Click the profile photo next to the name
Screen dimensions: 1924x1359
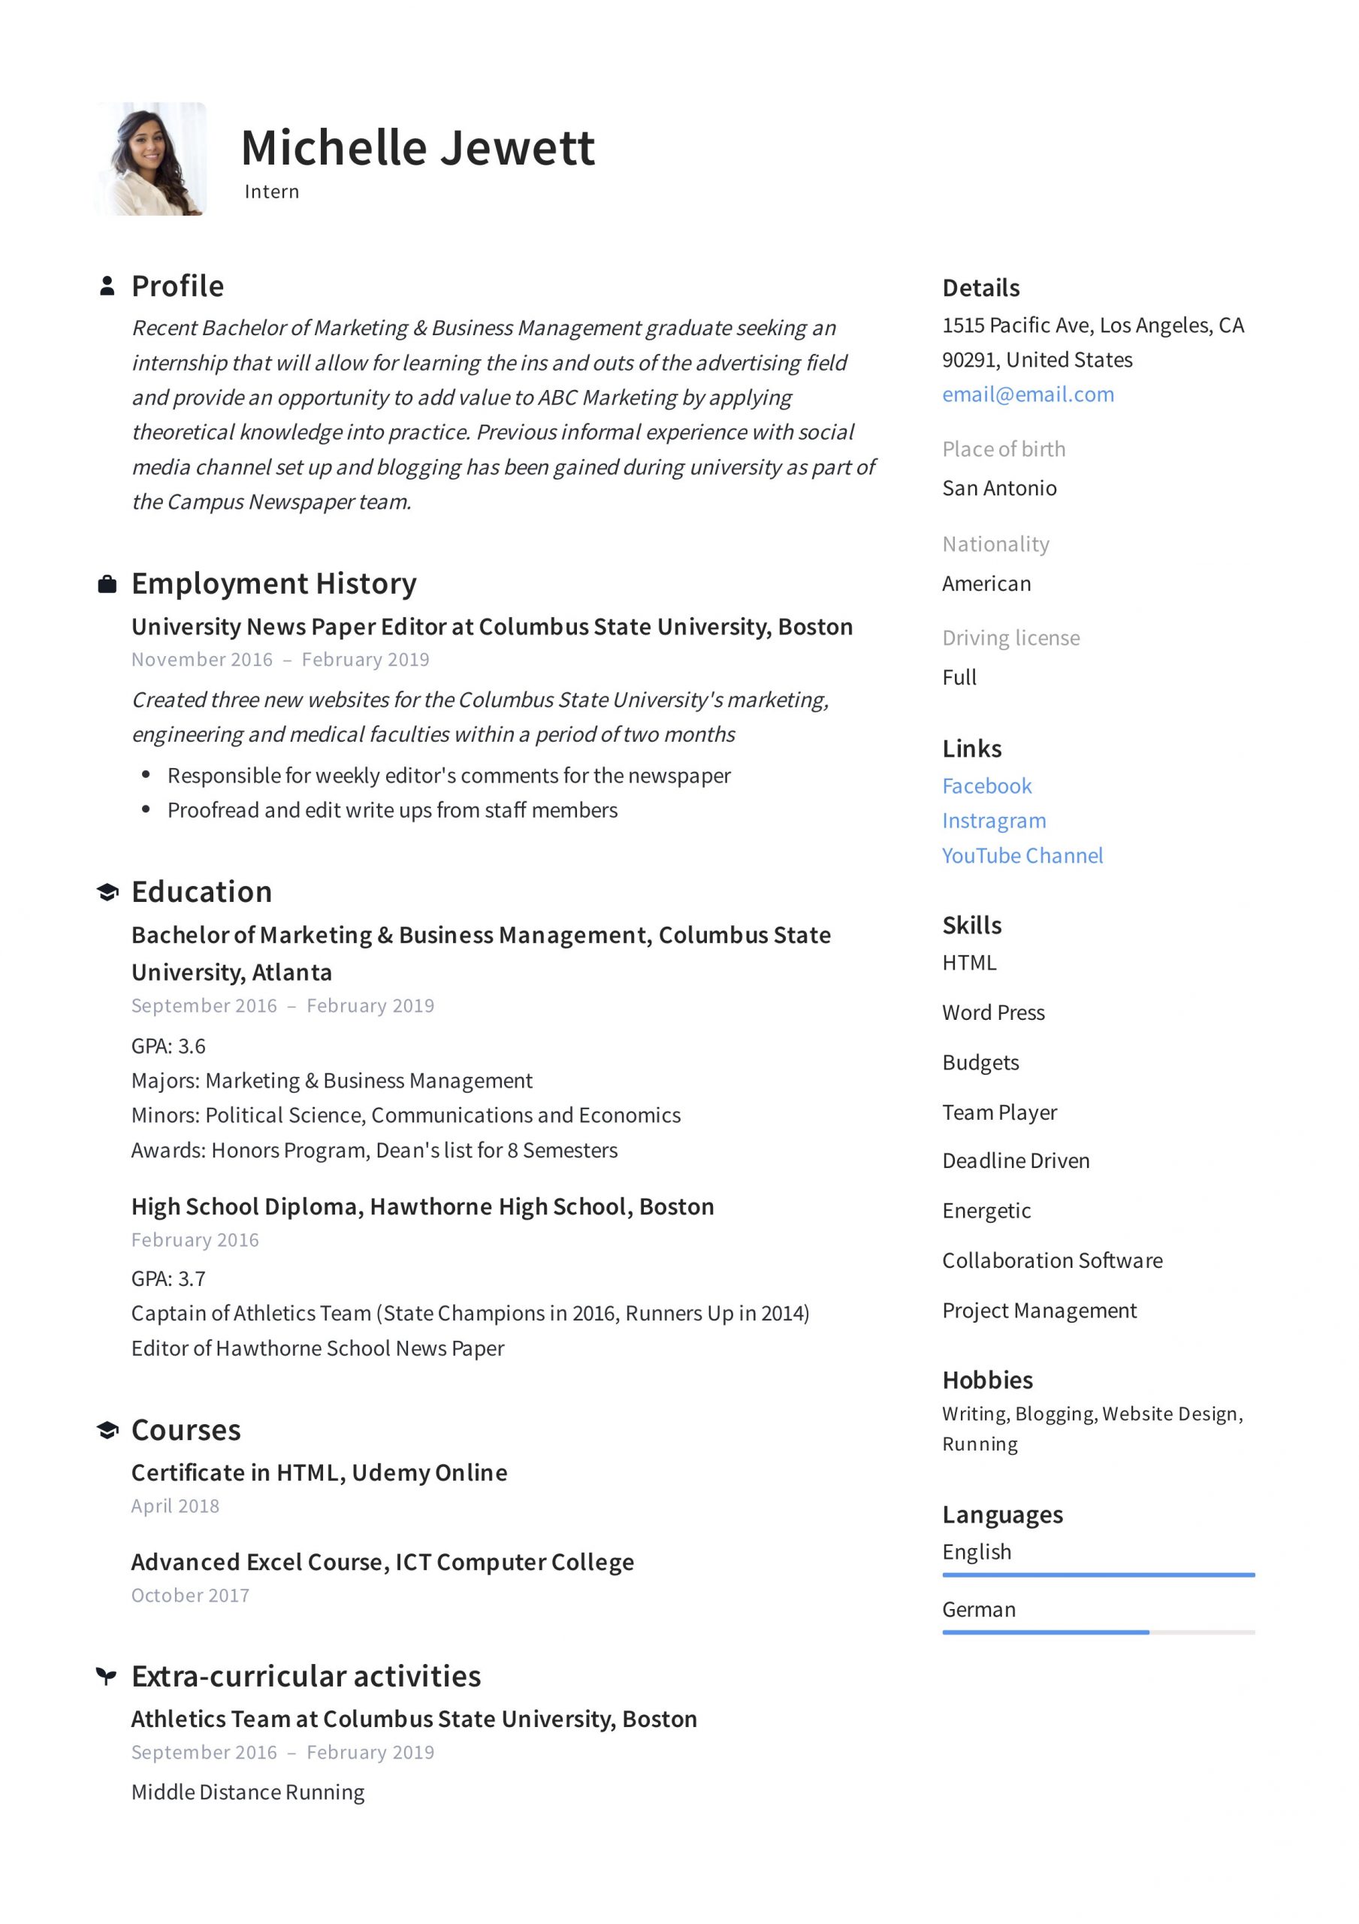coord(152,159)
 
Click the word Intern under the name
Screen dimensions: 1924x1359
coord(271,192)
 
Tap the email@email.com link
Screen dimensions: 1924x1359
coord(1027,395)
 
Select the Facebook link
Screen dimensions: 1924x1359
coord(986,786)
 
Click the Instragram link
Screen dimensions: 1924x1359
coord(994,821)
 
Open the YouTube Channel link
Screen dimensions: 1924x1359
coord(1022,855)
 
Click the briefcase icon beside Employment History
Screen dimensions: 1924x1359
coord(107,584)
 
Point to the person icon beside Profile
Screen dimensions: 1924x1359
coord(107,286)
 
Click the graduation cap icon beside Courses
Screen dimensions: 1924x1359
coord(107,1429)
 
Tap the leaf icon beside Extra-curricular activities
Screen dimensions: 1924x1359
coord(107,1676)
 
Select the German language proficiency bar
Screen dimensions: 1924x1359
coord(1098,1632)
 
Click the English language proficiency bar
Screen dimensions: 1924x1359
coord(1098,1575)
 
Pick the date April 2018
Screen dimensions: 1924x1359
coord(175,1506)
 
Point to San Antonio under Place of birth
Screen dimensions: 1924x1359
coord(998,489)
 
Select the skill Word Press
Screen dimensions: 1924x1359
coord(993,1012)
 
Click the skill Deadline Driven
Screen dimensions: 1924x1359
coord(1016,1160)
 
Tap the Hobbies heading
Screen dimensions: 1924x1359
coord(987,1379)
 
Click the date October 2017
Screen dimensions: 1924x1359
coord(190,1596)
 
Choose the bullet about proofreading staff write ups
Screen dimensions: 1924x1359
coord(392,810)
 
